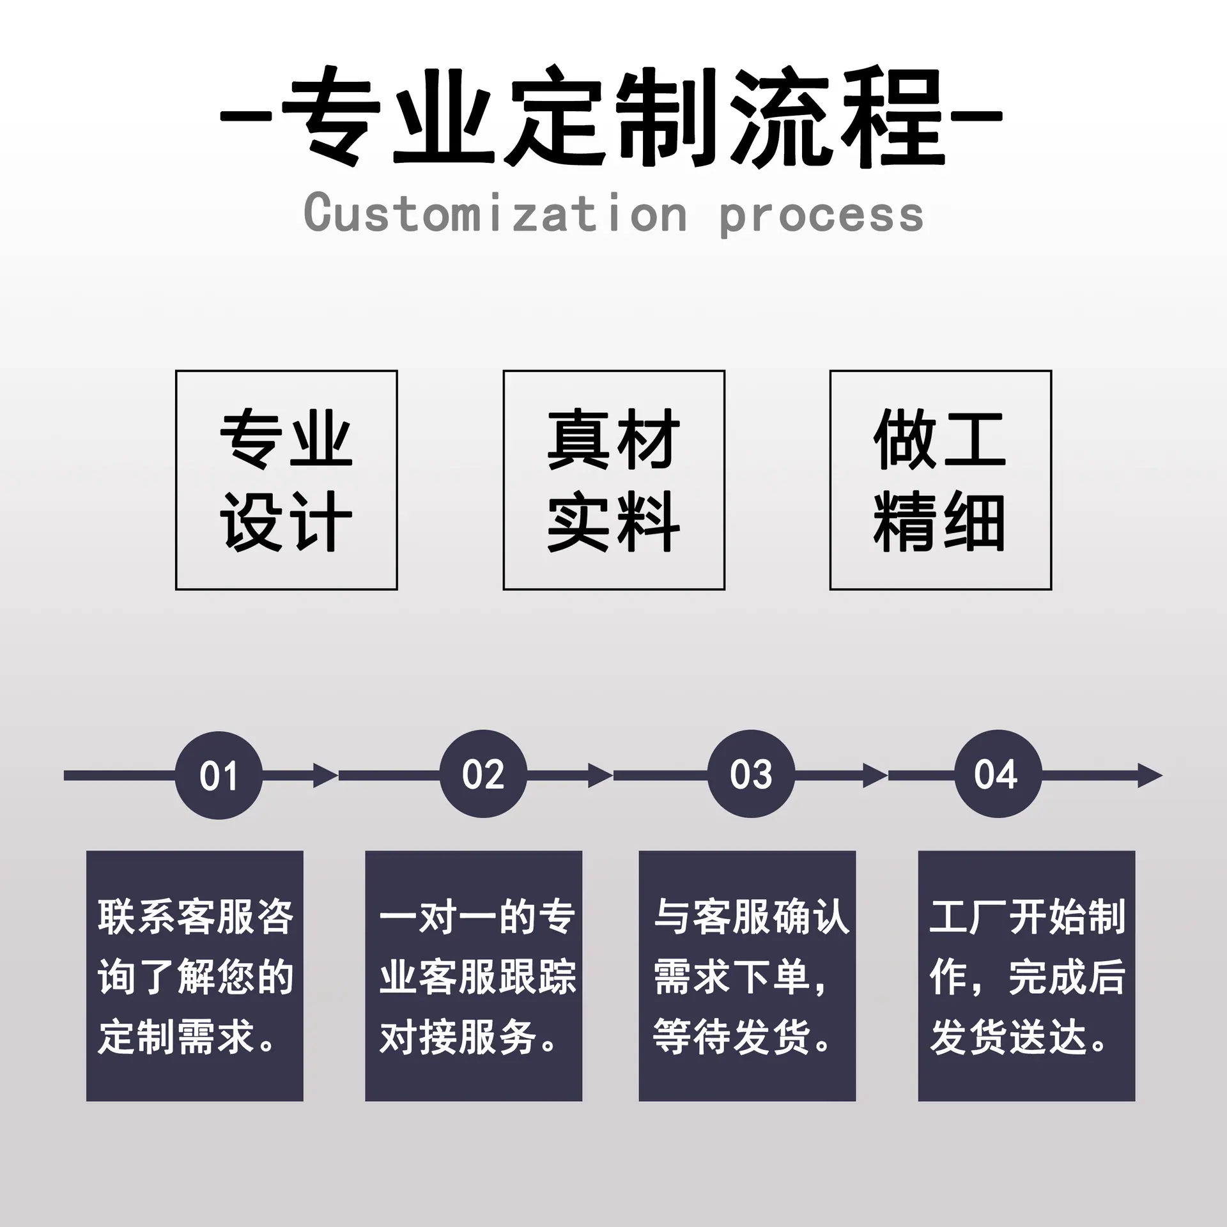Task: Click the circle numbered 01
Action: (x=219, y=775)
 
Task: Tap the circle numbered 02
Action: (x=483, y=774)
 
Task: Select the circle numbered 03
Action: (x=751, y=774)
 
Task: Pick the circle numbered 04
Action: (x=998, y=774)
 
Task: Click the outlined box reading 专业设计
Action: (x=286, y=480)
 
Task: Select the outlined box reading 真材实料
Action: (x=613, y=480)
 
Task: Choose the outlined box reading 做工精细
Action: (x=941, y=480)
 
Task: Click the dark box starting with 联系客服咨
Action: (x=195, y=976)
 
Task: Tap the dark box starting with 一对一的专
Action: (x=474, y=976)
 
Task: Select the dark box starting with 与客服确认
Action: (x=747, y=976)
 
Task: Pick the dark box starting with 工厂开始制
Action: (x=1026, y=976)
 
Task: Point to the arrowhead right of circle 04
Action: (x=1150, y=775)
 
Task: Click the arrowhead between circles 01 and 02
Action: (x=325, y=775)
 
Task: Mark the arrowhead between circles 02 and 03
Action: (x=600, y=775)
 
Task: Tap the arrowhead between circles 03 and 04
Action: (x=875, y=775)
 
